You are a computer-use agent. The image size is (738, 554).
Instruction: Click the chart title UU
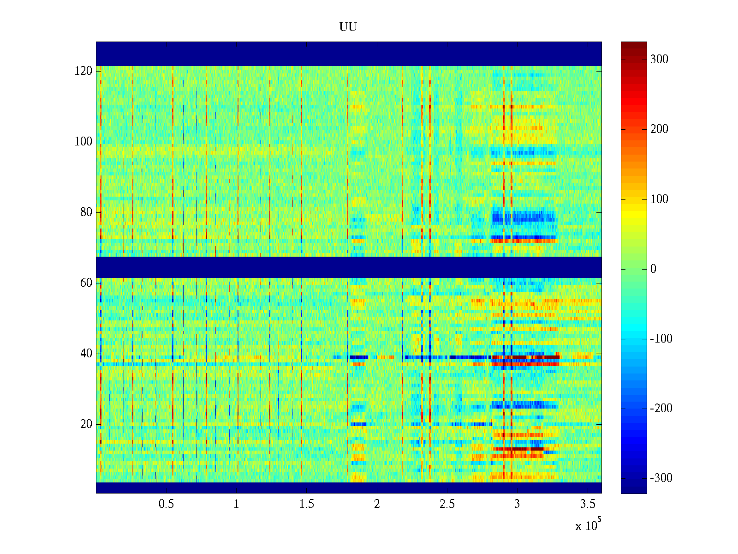[348, 27]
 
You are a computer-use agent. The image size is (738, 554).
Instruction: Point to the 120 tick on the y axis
[83, 71]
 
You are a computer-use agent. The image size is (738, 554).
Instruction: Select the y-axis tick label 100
[83, 142]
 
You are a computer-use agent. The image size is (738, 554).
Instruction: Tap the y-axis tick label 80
[86, 212]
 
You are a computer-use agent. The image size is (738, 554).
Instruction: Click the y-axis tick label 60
[86, 283]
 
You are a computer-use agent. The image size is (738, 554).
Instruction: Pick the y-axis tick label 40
[86, 354]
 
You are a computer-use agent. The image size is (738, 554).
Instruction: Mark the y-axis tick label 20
[86, 424]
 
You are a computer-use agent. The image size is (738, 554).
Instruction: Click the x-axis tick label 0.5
[166, 504]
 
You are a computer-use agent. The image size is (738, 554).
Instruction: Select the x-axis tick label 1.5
[306, 504]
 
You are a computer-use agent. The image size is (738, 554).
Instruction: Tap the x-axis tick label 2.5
[447, 504]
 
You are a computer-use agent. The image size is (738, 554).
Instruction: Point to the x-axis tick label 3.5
[587, 504]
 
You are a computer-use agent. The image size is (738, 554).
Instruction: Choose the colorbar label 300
[659, 60]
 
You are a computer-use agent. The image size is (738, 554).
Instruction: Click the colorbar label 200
[659, 129]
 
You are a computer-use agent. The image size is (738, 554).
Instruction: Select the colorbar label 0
[653, 269]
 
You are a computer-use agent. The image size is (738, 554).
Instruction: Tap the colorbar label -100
[661, 339]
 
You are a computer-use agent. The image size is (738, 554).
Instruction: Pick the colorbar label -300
[661, 478]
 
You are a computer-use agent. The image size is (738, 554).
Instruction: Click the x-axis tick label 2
[377, 504]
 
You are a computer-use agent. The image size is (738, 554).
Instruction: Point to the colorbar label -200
[661, 409]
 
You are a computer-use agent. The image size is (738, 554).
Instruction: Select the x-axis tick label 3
[517, 504]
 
